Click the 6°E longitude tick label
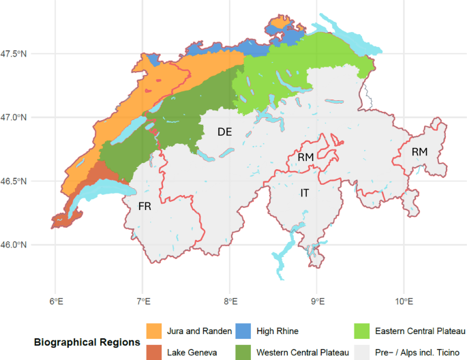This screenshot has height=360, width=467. coord(56,300)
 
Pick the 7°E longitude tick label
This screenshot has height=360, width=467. coord(142,300)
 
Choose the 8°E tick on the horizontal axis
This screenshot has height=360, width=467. coord(230,300)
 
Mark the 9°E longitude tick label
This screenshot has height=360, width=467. coord(316,300)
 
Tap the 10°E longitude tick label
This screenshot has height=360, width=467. coord(404,300)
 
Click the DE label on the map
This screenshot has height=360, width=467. coord(225,132)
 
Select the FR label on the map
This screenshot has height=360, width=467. coord(145,206)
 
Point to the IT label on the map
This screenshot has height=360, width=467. coord(305,194)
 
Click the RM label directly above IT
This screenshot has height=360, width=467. coord(305,157)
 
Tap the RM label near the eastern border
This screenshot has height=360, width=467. coord(419,152)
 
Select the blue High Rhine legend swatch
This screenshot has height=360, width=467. coord(243,331)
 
